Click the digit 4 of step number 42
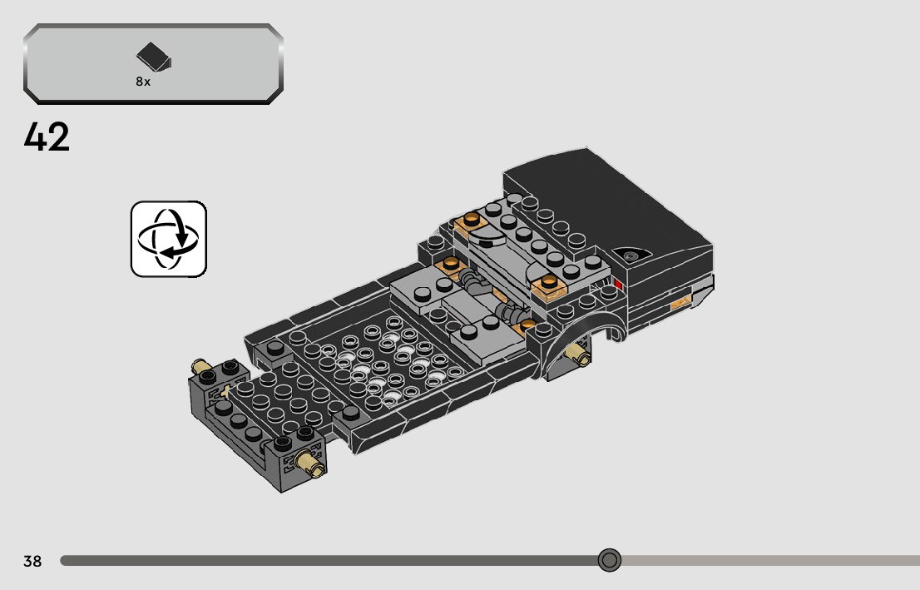click(x=35, y=136)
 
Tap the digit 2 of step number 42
click(x=59, y=136)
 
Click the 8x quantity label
click(x=143, y=82)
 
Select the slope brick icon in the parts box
click(x=154, y=57)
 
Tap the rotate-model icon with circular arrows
click(x=169, y=239)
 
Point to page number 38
click(x=32, y=561)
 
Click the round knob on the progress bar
click(x=610, y=560)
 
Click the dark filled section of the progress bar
click(x=329, y=561)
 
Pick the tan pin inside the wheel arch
click(x=578, y=353)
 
